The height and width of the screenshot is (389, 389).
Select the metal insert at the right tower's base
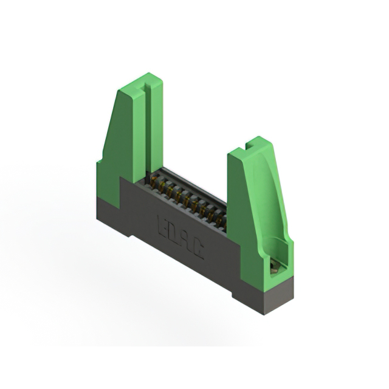tap(275, 263)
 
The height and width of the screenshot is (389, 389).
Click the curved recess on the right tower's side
tap(274, 207)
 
